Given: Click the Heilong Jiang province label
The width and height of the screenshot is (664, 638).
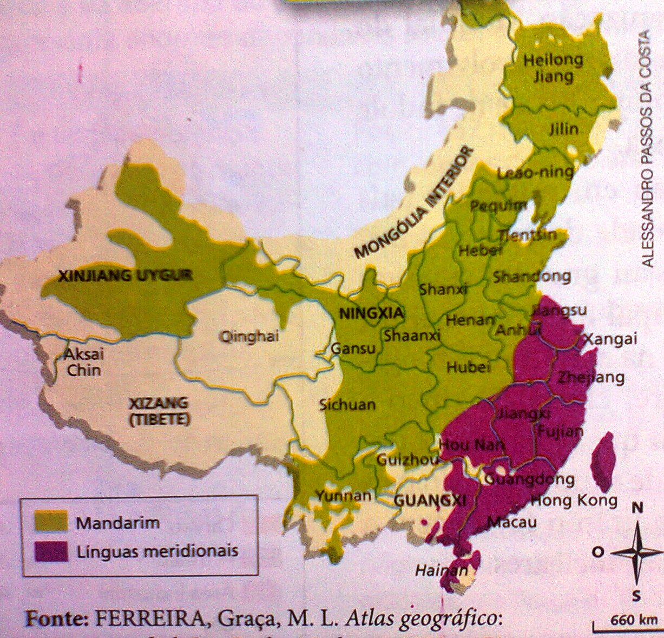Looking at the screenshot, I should coord(553,68).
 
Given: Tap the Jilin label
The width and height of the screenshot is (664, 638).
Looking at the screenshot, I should coord(563,129).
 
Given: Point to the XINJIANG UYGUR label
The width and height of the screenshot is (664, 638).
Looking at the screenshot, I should coord(125,276).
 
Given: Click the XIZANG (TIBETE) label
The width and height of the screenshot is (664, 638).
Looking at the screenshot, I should coord(159,411).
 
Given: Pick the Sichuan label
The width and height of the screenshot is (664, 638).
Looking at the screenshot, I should coord(347,404).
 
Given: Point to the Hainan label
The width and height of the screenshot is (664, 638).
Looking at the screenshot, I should coord(441,570).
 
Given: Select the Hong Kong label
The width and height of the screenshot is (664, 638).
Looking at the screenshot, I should coord(574,500).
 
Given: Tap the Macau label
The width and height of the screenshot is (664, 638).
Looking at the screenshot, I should coord(511,522).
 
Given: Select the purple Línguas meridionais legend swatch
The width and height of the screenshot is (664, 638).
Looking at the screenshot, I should coord(51,551).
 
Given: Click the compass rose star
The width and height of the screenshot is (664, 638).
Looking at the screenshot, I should coord(636,552).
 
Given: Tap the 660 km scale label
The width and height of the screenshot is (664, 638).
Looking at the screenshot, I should coord(634,620).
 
